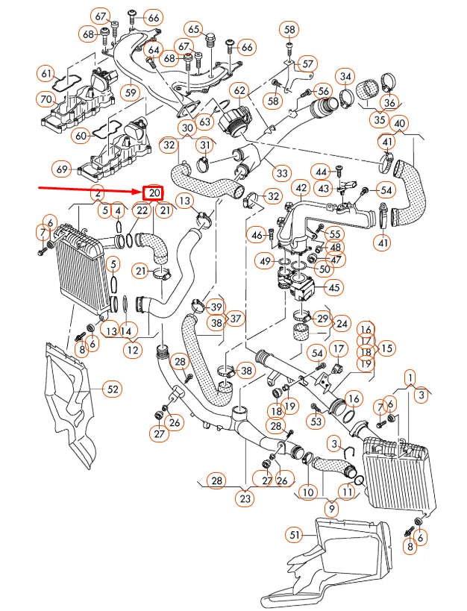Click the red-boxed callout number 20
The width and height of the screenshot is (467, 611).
coord(153,192)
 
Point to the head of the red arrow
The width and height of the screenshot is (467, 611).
coord(140,191)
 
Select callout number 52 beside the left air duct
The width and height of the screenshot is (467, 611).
coord(112,389)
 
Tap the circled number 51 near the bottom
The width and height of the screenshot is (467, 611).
coord(297,534)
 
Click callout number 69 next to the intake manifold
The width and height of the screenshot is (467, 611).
coord(62,170)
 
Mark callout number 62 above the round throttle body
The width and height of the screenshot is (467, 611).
coord(239,91)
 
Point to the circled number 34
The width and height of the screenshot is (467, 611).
coord(345,76)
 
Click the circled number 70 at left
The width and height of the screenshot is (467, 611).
coord(46,99)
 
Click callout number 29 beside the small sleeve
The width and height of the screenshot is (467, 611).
coord(322,319)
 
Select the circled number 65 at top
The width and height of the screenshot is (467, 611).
coord(195,29)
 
